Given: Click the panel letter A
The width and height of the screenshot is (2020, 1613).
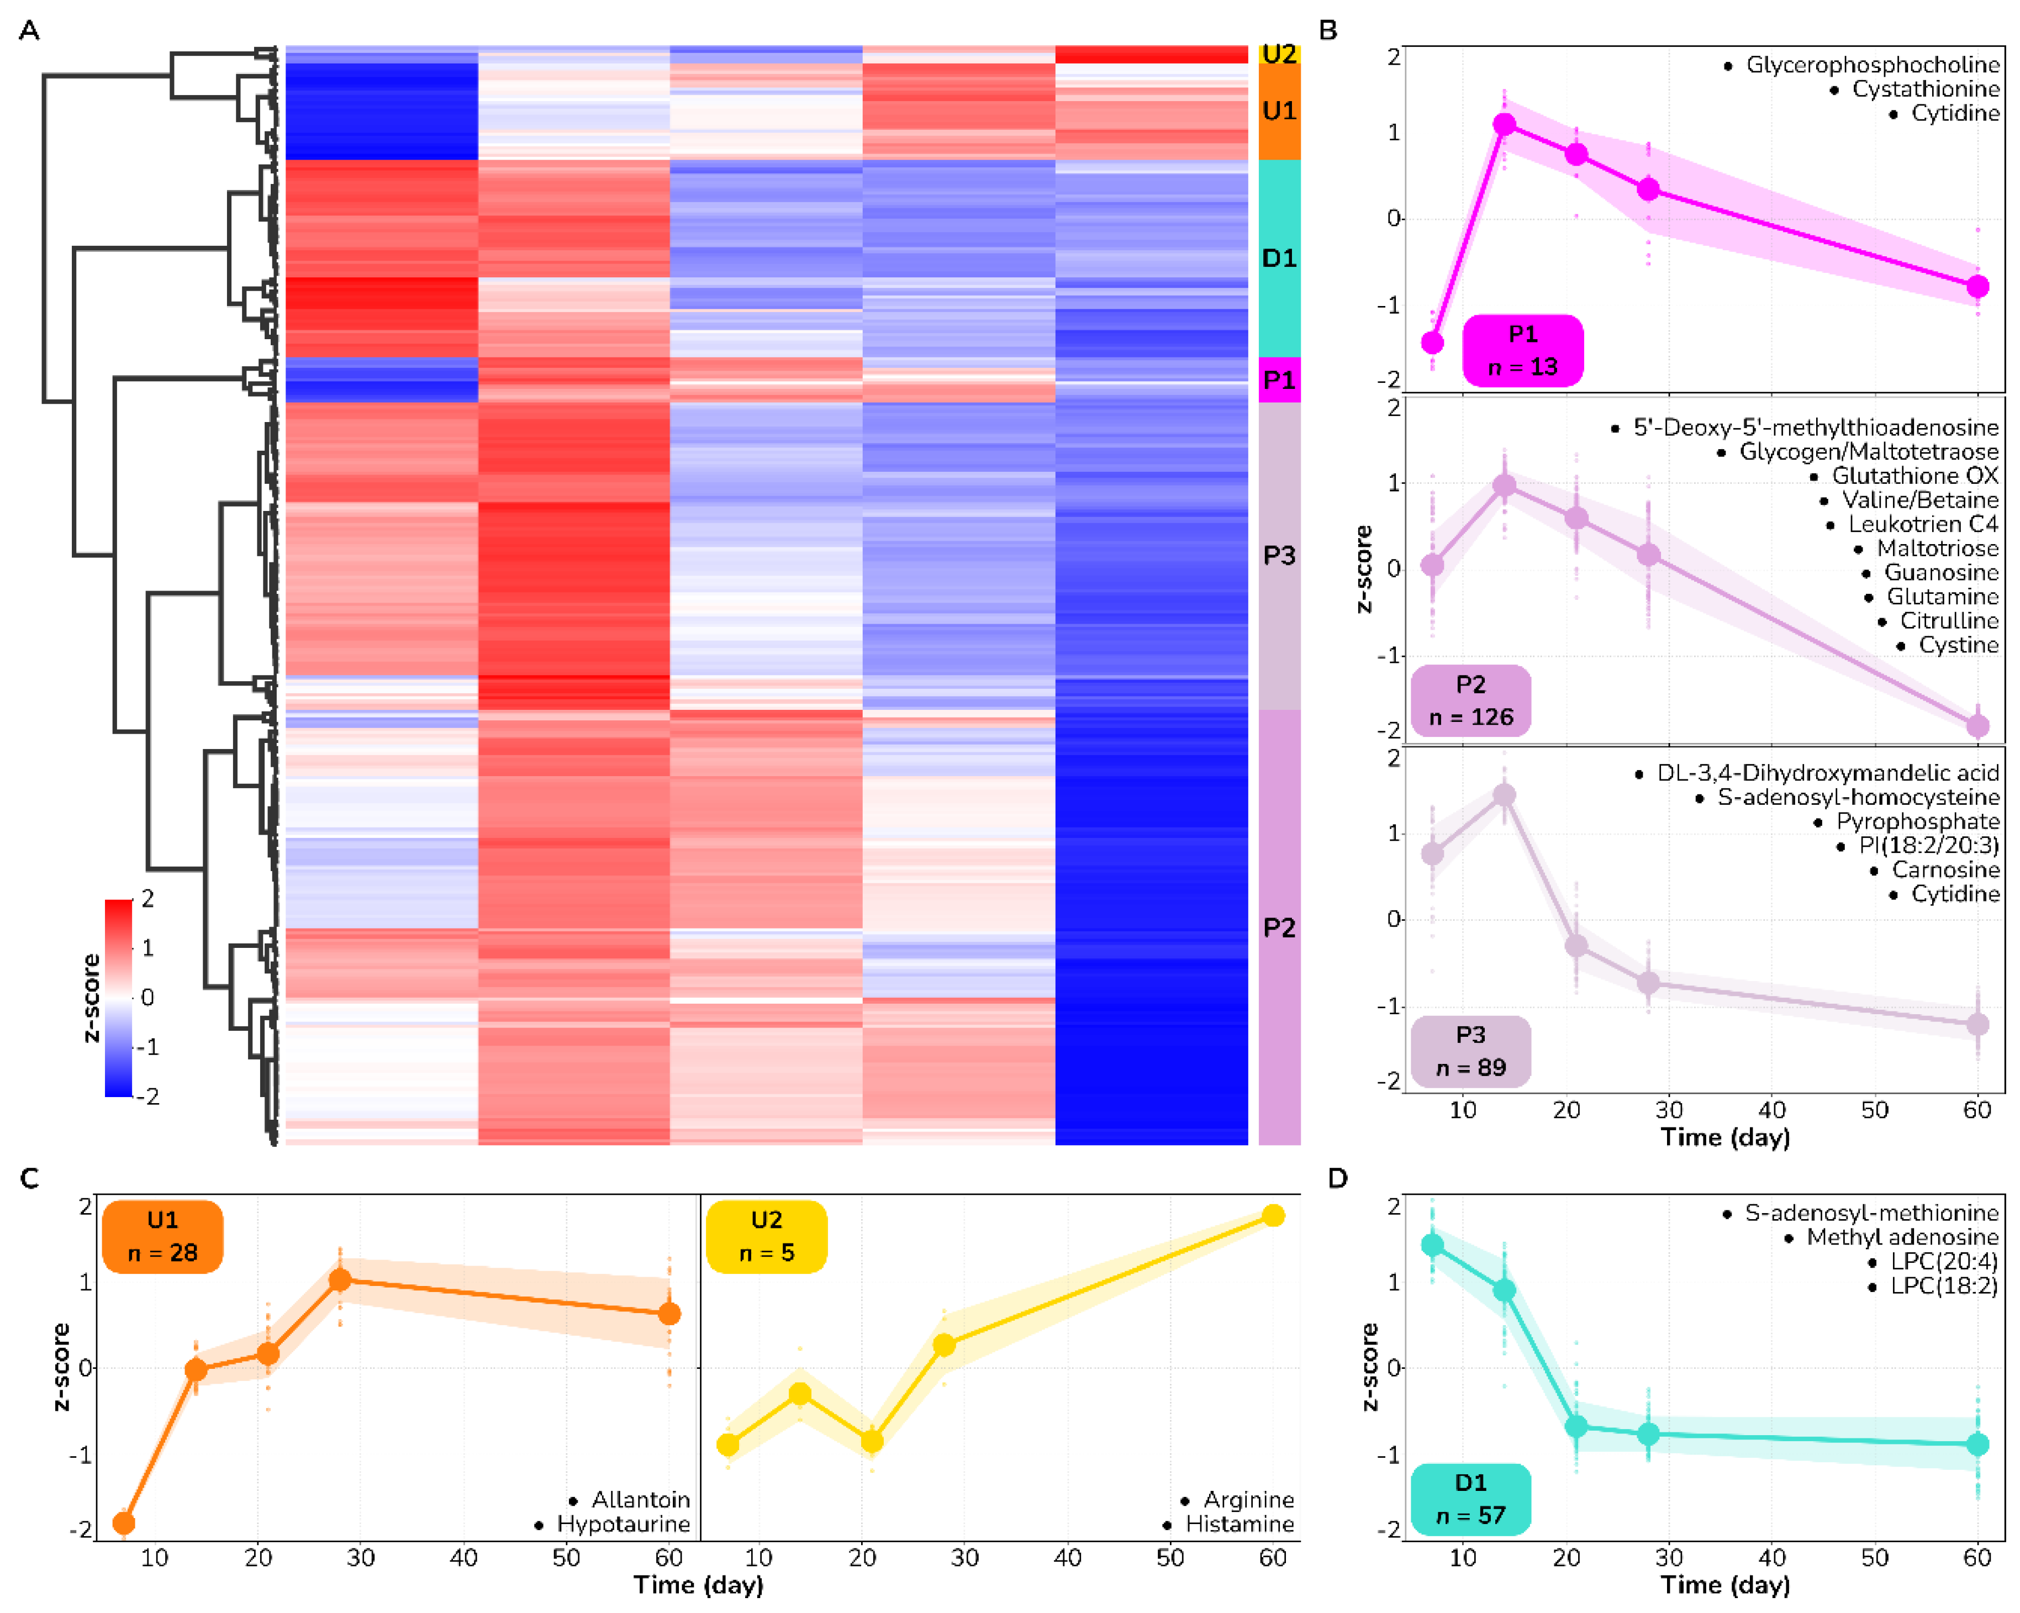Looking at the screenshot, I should point(29,31).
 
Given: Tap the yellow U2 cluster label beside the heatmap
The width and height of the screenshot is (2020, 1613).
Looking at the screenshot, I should point(1279,54).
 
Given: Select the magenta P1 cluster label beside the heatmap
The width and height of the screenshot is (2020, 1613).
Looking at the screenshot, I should point(1279,379).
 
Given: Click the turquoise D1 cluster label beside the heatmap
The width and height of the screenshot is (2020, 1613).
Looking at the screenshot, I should point(1279,258).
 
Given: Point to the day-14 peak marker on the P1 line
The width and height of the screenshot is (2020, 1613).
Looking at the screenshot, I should point(1504,125).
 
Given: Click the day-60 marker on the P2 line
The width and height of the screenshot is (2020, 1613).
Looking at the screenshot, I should point(1977,725).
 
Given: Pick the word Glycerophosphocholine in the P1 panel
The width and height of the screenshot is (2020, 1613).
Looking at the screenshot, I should point(1872,65).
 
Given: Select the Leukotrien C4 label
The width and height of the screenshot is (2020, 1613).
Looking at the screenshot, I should point(1923,524).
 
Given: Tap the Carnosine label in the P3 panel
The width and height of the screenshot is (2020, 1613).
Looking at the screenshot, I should point(1945,870).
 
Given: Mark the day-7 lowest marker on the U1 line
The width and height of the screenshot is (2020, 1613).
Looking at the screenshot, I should point(124,1523).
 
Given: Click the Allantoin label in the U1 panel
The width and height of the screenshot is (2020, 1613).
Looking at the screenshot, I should point(641,1500).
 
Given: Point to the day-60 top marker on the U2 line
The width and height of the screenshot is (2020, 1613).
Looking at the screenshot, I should point(1272,1216).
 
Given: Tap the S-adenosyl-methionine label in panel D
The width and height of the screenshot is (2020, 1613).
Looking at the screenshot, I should point(1871,1213).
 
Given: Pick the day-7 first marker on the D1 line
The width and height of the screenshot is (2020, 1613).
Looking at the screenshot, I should point(1432,1245).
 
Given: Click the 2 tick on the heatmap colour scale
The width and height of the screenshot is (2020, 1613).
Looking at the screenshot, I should point(147,899).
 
